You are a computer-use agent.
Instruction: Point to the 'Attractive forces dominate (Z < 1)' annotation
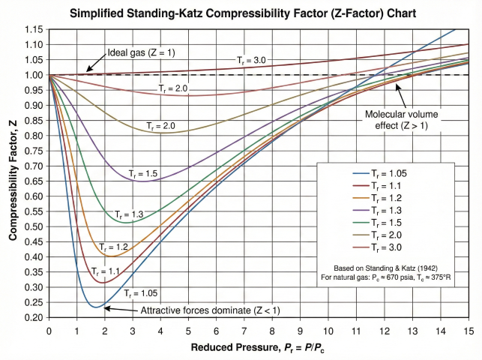click(202, 309)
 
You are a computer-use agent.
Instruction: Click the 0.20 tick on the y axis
click(34, 318)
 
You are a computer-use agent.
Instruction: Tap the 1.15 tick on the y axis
click(34, 29)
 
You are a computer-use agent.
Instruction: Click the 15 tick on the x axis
click(469, 330)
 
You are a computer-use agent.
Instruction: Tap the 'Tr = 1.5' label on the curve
click(142, 174)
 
